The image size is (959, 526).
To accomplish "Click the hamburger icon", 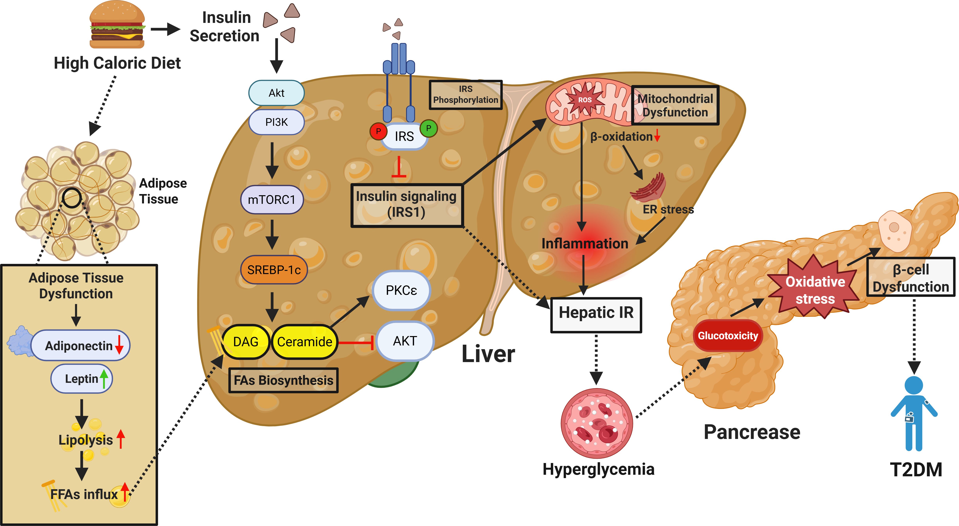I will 117,25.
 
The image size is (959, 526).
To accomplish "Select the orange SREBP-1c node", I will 274,270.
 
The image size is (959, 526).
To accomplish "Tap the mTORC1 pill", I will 272,200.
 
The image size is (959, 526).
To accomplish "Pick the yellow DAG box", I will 246,342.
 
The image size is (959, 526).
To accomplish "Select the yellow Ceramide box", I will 305,342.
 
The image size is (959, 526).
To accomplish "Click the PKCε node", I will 401,290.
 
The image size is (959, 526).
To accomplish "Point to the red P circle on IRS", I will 378,131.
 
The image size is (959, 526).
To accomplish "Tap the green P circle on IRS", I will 428,128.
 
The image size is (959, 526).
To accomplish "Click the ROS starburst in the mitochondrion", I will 584,100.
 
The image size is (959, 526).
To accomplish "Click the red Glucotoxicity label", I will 728,336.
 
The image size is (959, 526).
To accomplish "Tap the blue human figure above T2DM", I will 914,414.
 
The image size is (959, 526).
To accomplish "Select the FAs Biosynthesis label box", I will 283,380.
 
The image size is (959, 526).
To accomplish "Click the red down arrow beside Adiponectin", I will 119,345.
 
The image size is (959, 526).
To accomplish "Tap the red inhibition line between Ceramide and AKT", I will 356,342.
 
